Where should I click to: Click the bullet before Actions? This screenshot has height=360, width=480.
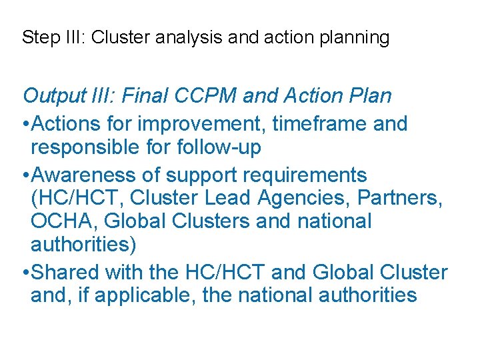click(x=25, y=124)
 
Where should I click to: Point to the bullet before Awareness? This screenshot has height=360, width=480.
click(x=25, y=176)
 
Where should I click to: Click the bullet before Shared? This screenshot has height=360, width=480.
click(x=25, y=273)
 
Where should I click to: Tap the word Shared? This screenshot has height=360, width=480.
click(x=63, y=273)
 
